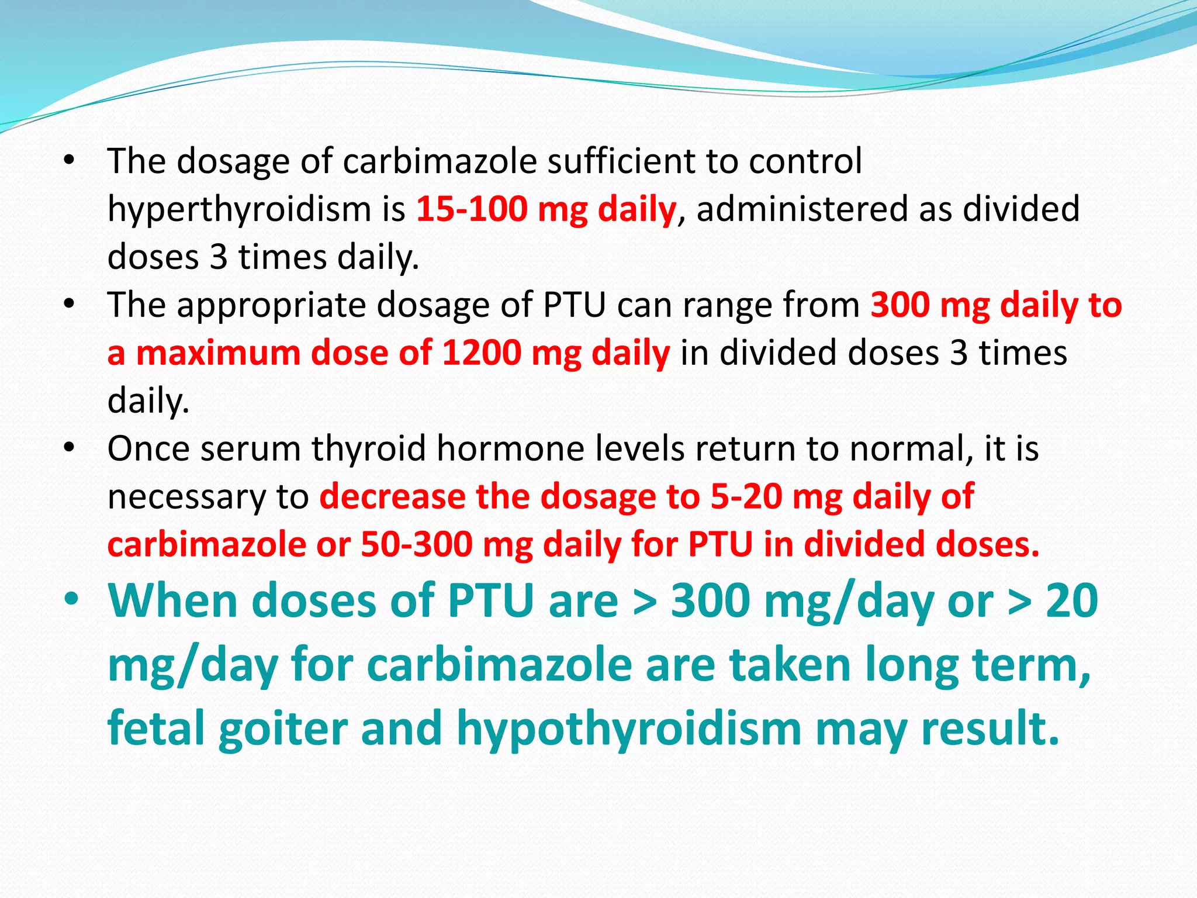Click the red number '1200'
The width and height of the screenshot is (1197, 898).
(x=480, y=353)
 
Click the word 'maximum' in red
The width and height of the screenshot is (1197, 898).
(x=218, y=353)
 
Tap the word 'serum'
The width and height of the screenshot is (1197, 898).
(x=251, y=449)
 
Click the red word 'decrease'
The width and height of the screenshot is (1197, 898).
(x=392, y=497)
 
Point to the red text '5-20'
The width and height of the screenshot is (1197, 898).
(x=746, y=497)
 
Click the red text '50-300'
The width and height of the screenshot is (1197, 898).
(x=417, y=545)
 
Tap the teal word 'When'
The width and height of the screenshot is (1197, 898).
(x=173, y=601)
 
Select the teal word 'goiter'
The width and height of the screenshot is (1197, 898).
(x=283, y=728)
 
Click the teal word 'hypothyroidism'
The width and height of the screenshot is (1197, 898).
(x=628, y=728)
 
